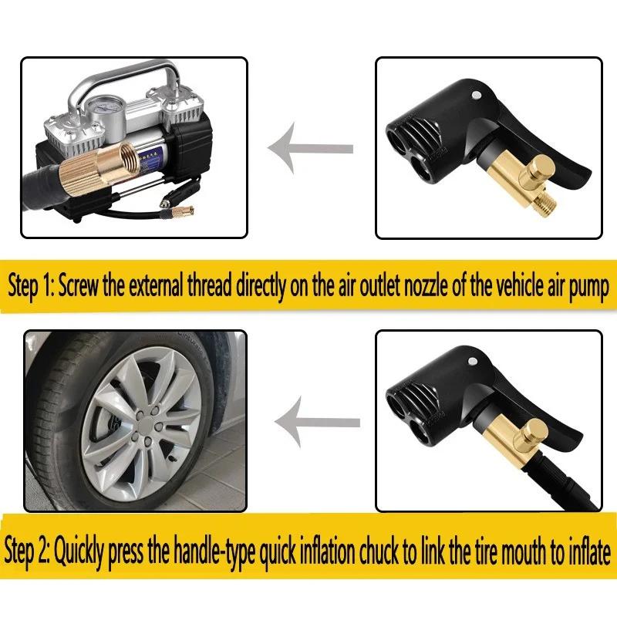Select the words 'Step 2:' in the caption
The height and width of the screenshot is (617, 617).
(x=29, y=552)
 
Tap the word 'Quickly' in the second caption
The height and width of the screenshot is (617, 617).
(x=84, y=552)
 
